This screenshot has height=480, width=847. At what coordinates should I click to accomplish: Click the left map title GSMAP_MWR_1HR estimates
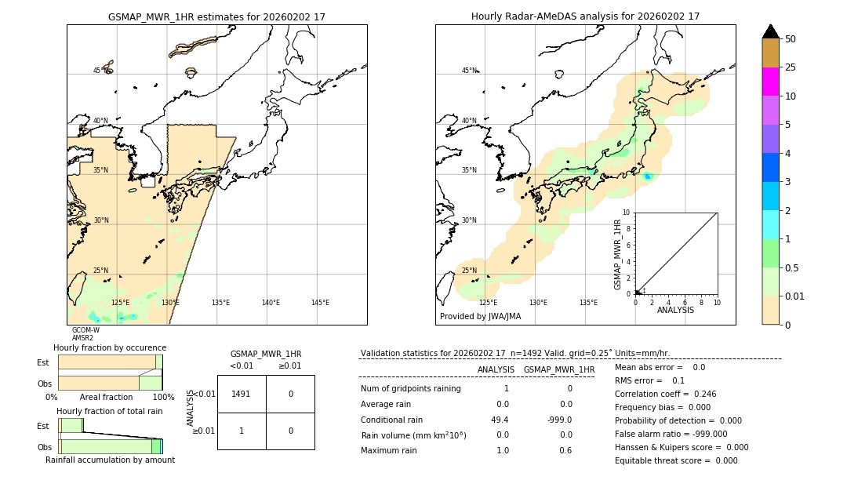[x=216, y=16]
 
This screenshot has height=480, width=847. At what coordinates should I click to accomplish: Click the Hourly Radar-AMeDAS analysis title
[x=585, y=16]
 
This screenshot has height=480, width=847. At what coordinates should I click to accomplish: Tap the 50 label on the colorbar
[x=791, y=38]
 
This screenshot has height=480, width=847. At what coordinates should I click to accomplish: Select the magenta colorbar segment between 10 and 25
[x=770, y=82]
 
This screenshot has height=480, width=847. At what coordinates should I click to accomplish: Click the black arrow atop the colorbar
[x=771, y=31]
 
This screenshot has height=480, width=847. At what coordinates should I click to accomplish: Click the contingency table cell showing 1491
[x=241, y=394]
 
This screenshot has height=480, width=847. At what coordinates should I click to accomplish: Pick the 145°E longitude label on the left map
[x=320, y=303]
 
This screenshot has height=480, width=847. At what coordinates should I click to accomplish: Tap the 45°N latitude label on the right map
[x=468, y=71]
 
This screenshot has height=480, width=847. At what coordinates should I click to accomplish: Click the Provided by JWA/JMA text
[x=480, y=317]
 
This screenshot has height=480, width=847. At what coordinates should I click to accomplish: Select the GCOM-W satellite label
[x=85, y=330]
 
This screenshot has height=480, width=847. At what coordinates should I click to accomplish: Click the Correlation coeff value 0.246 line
[x=665, y=395]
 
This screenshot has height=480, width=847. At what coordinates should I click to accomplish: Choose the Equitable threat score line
[x=676, y=460]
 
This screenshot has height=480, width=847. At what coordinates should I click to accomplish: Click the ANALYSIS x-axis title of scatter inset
[x=674, y=310]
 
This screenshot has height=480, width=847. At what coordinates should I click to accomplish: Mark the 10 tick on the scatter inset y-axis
[x=626, y=212]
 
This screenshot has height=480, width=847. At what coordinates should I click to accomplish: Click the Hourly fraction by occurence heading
[x=110, y=347]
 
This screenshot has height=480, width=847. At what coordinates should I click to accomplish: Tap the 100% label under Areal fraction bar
[x=162, y=398]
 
